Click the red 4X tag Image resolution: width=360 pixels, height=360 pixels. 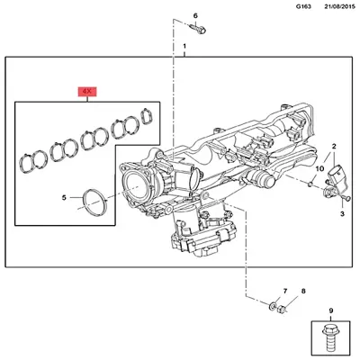coord(88,93)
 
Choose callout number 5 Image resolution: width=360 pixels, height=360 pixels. coord(63,196)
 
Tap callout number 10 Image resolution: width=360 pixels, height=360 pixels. coord(319,168)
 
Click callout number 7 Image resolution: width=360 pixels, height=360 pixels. coord(284,292)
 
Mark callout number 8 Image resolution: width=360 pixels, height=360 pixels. coord(303,292)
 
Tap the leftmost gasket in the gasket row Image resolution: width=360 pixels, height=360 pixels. coord(30,160)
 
